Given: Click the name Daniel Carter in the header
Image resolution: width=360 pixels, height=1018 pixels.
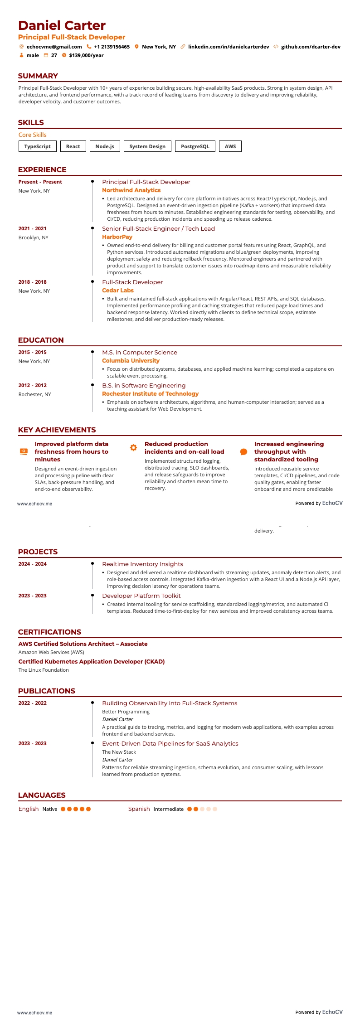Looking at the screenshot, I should point(62,25).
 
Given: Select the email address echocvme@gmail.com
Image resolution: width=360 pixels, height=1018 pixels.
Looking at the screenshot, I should point(54,47).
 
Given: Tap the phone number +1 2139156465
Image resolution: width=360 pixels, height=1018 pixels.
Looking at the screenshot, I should point(112,47).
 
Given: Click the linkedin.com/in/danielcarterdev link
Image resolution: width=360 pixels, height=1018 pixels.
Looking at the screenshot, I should point(228,47).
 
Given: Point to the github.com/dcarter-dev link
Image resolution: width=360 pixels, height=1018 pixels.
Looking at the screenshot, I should point(311,47).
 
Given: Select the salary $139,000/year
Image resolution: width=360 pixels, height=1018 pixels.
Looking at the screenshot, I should point(86,55).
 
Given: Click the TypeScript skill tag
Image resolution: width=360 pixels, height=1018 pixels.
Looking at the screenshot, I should point(38,146).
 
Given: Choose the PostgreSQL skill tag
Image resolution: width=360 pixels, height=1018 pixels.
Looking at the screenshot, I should point(195,146).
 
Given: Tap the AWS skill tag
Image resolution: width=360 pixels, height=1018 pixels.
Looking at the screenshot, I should point(230,146).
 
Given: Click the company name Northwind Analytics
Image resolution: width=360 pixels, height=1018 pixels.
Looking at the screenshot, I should point(131,190).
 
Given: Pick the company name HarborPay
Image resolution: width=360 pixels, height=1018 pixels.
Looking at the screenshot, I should point(117,237).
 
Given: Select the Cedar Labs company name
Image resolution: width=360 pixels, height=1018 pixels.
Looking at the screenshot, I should point(117,291).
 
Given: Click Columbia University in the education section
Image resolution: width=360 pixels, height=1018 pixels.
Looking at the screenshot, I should point(131,361).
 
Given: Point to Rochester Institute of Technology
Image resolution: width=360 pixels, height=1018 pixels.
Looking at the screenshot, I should point(150,394).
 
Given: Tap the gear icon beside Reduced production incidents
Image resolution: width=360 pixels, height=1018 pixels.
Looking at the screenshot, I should point(133,447).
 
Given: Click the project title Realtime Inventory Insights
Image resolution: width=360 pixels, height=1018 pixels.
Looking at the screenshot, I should point(142,564).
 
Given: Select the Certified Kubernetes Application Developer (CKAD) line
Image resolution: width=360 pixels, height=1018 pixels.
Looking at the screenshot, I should point(91,662).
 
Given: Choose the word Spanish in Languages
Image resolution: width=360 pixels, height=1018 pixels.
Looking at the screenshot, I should point(139,809).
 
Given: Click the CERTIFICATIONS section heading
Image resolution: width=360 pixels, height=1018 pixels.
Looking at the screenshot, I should point(49,632).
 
